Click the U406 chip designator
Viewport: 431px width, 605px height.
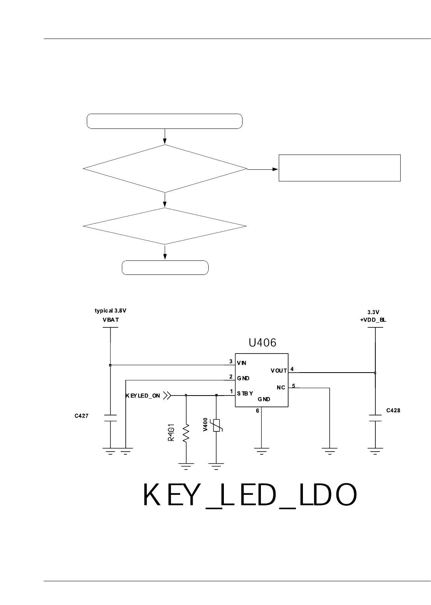point(262,343)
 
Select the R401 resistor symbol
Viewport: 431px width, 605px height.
point(186,433)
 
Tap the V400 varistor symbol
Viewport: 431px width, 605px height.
point(216,426)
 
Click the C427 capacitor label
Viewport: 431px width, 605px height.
point(82,416)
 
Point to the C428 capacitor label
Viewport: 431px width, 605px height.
point(393,410)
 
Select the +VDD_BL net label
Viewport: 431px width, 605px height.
point(373,320)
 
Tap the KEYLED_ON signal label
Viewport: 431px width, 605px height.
point(142,396)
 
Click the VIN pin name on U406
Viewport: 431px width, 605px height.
point(242,363)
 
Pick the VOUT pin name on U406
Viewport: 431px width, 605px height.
point(279,371)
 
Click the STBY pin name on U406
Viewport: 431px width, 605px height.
point(245,393)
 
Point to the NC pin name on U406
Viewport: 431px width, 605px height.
point(281,388)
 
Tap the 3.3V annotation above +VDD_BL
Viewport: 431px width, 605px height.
point(373,312)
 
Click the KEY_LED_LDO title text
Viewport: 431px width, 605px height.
point(250,496)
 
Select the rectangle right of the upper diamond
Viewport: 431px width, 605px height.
point(340,168)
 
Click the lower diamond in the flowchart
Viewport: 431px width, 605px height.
point(165,226)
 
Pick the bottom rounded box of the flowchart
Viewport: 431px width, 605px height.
point(165,267)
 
